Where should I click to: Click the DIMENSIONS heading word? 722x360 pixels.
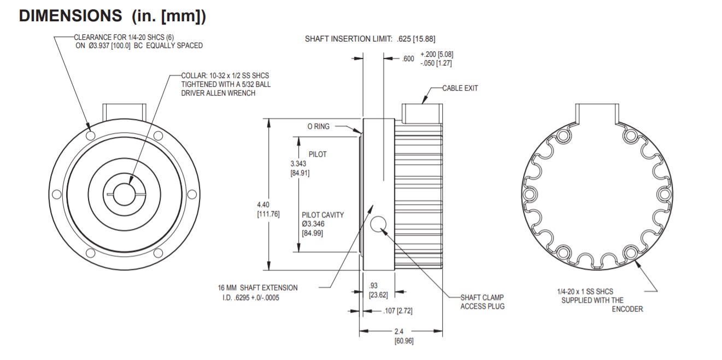coord(71,16)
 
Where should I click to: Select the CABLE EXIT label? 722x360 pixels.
coord(460,88)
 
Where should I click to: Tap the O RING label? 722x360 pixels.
coord(318,126)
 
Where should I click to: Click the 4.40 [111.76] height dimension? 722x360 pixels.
coord(268,209)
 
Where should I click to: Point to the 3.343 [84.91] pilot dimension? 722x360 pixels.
coord(300,169)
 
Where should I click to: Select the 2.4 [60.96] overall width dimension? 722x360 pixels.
coord(403,336)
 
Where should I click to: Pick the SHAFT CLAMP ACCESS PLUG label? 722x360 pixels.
coord(482,302)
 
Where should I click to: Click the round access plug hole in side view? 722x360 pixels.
coord(378,223)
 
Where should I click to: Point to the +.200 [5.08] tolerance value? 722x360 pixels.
coord(437,55)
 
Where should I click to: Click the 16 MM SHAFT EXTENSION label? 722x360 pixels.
coord(257,287)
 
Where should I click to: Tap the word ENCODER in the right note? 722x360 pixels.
coord(627,309)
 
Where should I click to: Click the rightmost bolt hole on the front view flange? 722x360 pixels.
coord(192,194)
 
